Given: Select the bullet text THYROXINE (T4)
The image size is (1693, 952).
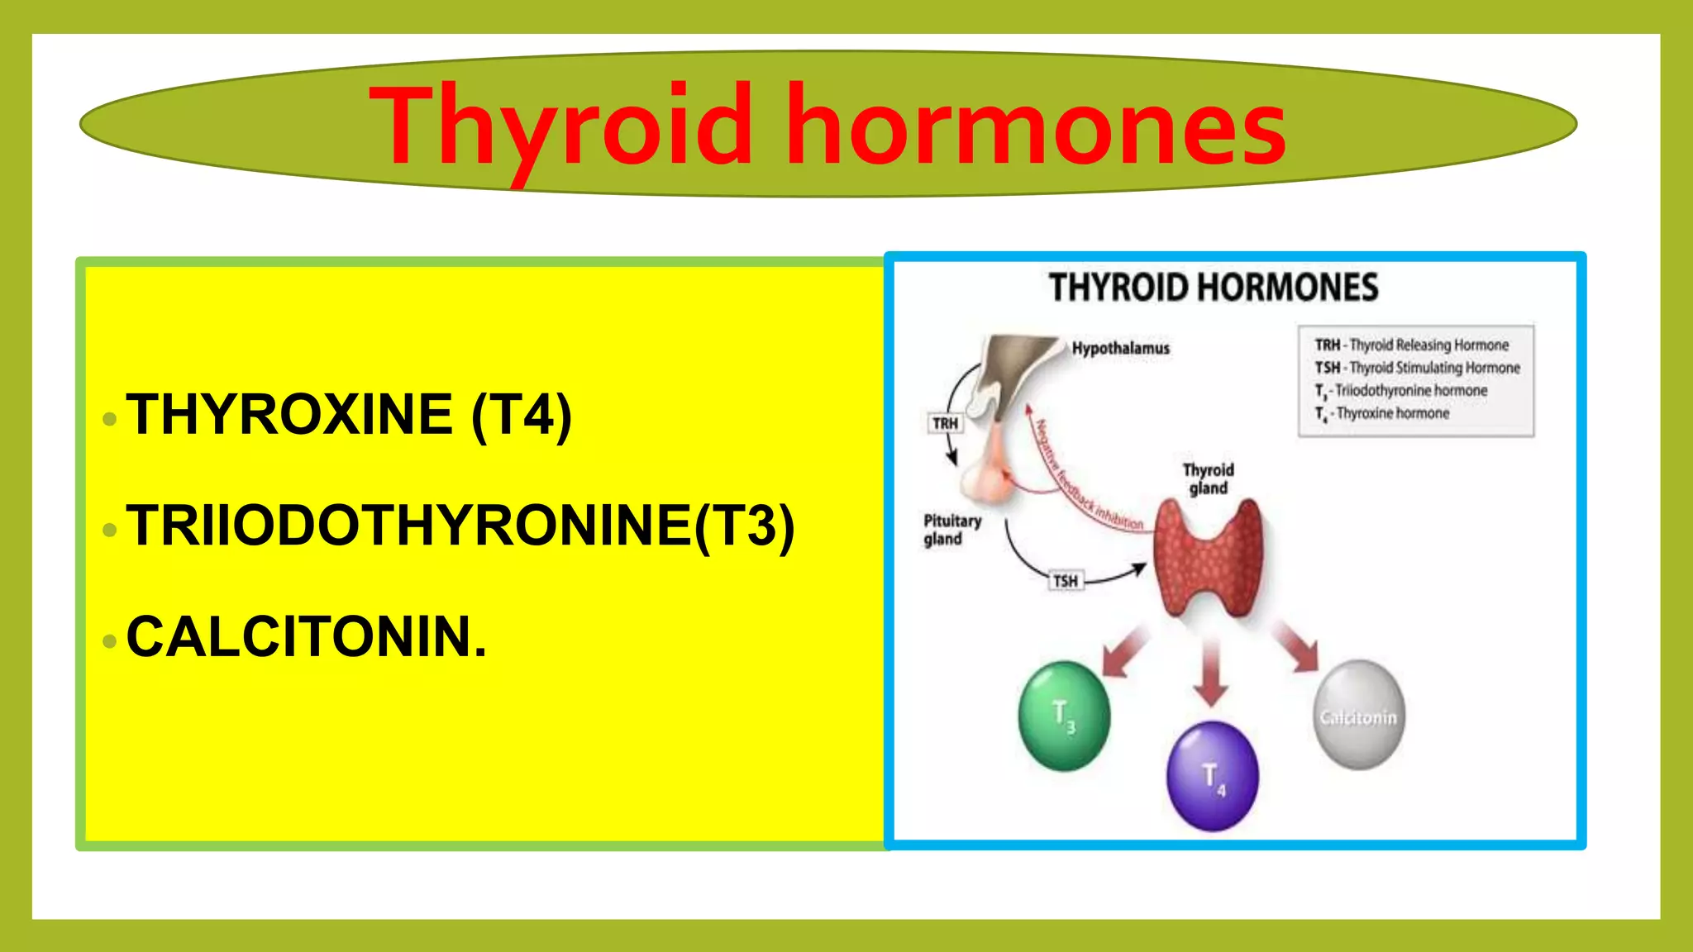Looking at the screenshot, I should click(x=349, y=415).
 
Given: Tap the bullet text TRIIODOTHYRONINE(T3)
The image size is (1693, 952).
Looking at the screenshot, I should click(x=460, y=526).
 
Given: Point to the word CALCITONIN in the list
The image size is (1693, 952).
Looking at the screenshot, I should click(x=306, y=637).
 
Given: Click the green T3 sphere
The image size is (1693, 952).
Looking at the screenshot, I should click(x=1064, y=716).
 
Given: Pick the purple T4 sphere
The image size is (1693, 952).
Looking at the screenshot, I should click(x=1212, y=775).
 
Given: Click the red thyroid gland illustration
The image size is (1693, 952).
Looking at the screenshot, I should click(x=1208, y=558).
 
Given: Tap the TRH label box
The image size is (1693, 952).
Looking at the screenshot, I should click(x=945, y=423).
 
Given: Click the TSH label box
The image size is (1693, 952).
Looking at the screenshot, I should click(x=1065, y=581).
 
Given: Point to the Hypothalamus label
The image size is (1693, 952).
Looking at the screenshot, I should click(x=1120, y=349).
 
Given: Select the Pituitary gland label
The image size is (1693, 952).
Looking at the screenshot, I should click(x=951, y=530).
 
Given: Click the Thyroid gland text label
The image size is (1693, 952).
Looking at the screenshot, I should click(x=1208, y=478).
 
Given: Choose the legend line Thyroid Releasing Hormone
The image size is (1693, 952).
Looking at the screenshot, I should click(x=1412, y=345).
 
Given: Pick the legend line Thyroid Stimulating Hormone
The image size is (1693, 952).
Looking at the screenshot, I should click(x=1417, y=368).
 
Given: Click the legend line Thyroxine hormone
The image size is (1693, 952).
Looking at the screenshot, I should click(x=1382, y=413).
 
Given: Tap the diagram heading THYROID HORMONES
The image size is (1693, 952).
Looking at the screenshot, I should click(x=1213, y=288).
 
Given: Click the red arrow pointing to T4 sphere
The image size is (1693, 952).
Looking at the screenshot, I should click(x=1211, y=671).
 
